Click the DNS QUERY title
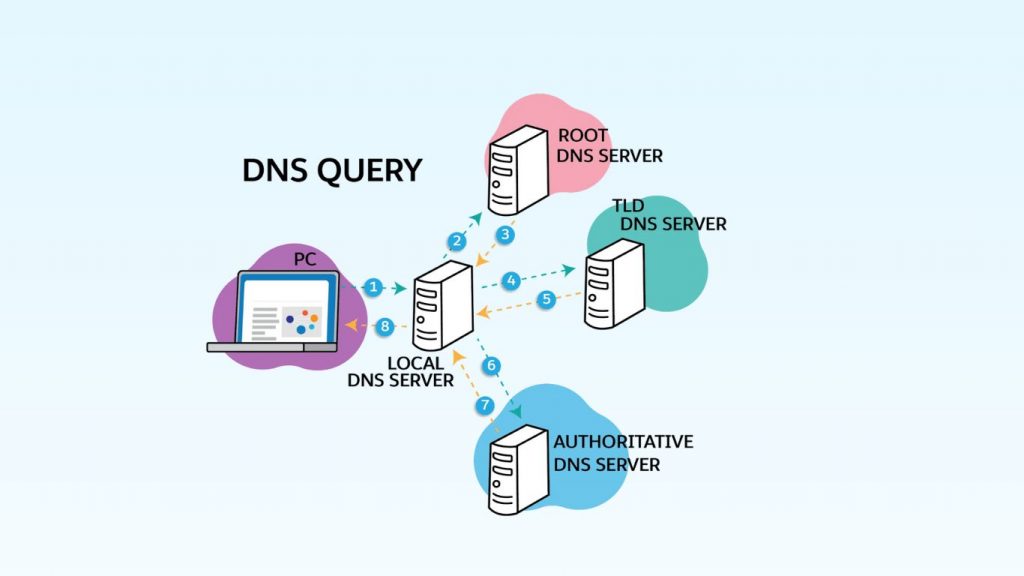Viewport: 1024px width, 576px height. coord(331,170)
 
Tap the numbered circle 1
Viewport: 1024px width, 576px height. coord(373,287)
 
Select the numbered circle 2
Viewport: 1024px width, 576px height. coord(457,241)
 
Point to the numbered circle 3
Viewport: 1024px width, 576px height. coord(506,235)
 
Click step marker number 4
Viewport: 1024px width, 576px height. coord(511,281)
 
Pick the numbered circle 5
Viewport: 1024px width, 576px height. coord(546,298)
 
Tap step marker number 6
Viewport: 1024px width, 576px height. coord(491,367)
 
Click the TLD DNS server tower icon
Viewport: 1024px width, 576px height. coord(613,283)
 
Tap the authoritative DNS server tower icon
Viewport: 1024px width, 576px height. coord(517,467)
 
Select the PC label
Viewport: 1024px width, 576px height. coord(304,259)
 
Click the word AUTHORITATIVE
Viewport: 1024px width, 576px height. coord(622,442)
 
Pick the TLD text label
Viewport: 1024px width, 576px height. coord(628,205)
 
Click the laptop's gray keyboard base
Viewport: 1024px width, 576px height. coord(273,347)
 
